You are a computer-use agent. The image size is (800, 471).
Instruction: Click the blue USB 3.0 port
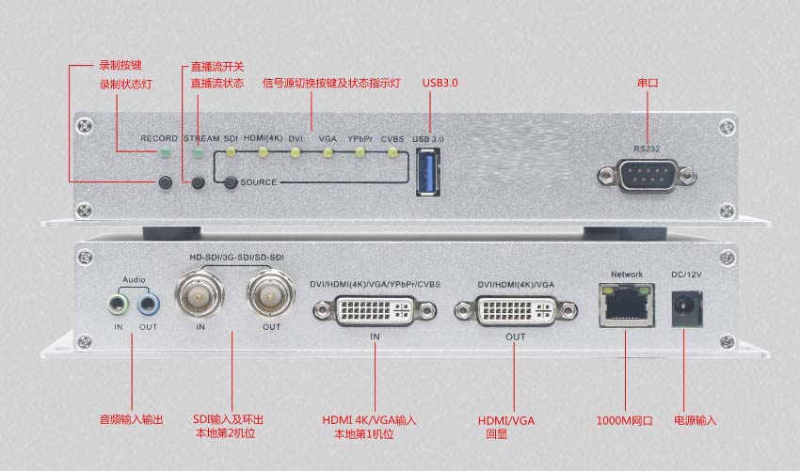(427, 172)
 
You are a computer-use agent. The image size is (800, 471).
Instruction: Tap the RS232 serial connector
(647, 176)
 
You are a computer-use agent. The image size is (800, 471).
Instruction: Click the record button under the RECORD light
(166, 182)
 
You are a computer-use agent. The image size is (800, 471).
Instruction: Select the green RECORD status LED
(165, 152)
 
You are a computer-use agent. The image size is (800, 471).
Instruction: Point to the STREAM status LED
(198, 152)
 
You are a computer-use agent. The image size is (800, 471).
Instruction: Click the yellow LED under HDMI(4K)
(264, 152)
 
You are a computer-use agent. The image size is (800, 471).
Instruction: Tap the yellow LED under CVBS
(392, 152)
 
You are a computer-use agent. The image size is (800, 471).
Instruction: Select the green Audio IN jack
(119, 305)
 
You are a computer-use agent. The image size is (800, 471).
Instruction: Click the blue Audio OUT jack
(148, 305)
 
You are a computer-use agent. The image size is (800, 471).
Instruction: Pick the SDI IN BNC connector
(200, 294)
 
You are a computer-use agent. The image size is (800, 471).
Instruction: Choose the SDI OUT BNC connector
(271, 294)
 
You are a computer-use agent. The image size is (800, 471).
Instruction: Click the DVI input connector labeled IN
(375, 310)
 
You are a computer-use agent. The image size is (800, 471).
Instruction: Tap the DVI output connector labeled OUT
(516, 310)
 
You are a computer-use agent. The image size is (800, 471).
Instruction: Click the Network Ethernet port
(627, 306)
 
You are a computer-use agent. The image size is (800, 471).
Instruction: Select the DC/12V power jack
(687, 308)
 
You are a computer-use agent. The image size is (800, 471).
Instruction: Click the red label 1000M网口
(625, 420)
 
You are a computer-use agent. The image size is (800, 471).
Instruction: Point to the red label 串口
(648, 83)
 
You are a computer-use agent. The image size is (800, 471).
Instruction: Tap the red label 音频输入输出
(131, 419)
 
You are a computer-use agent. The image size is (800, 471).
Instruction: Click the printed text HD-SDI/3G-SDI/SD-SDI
(237, 258)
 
